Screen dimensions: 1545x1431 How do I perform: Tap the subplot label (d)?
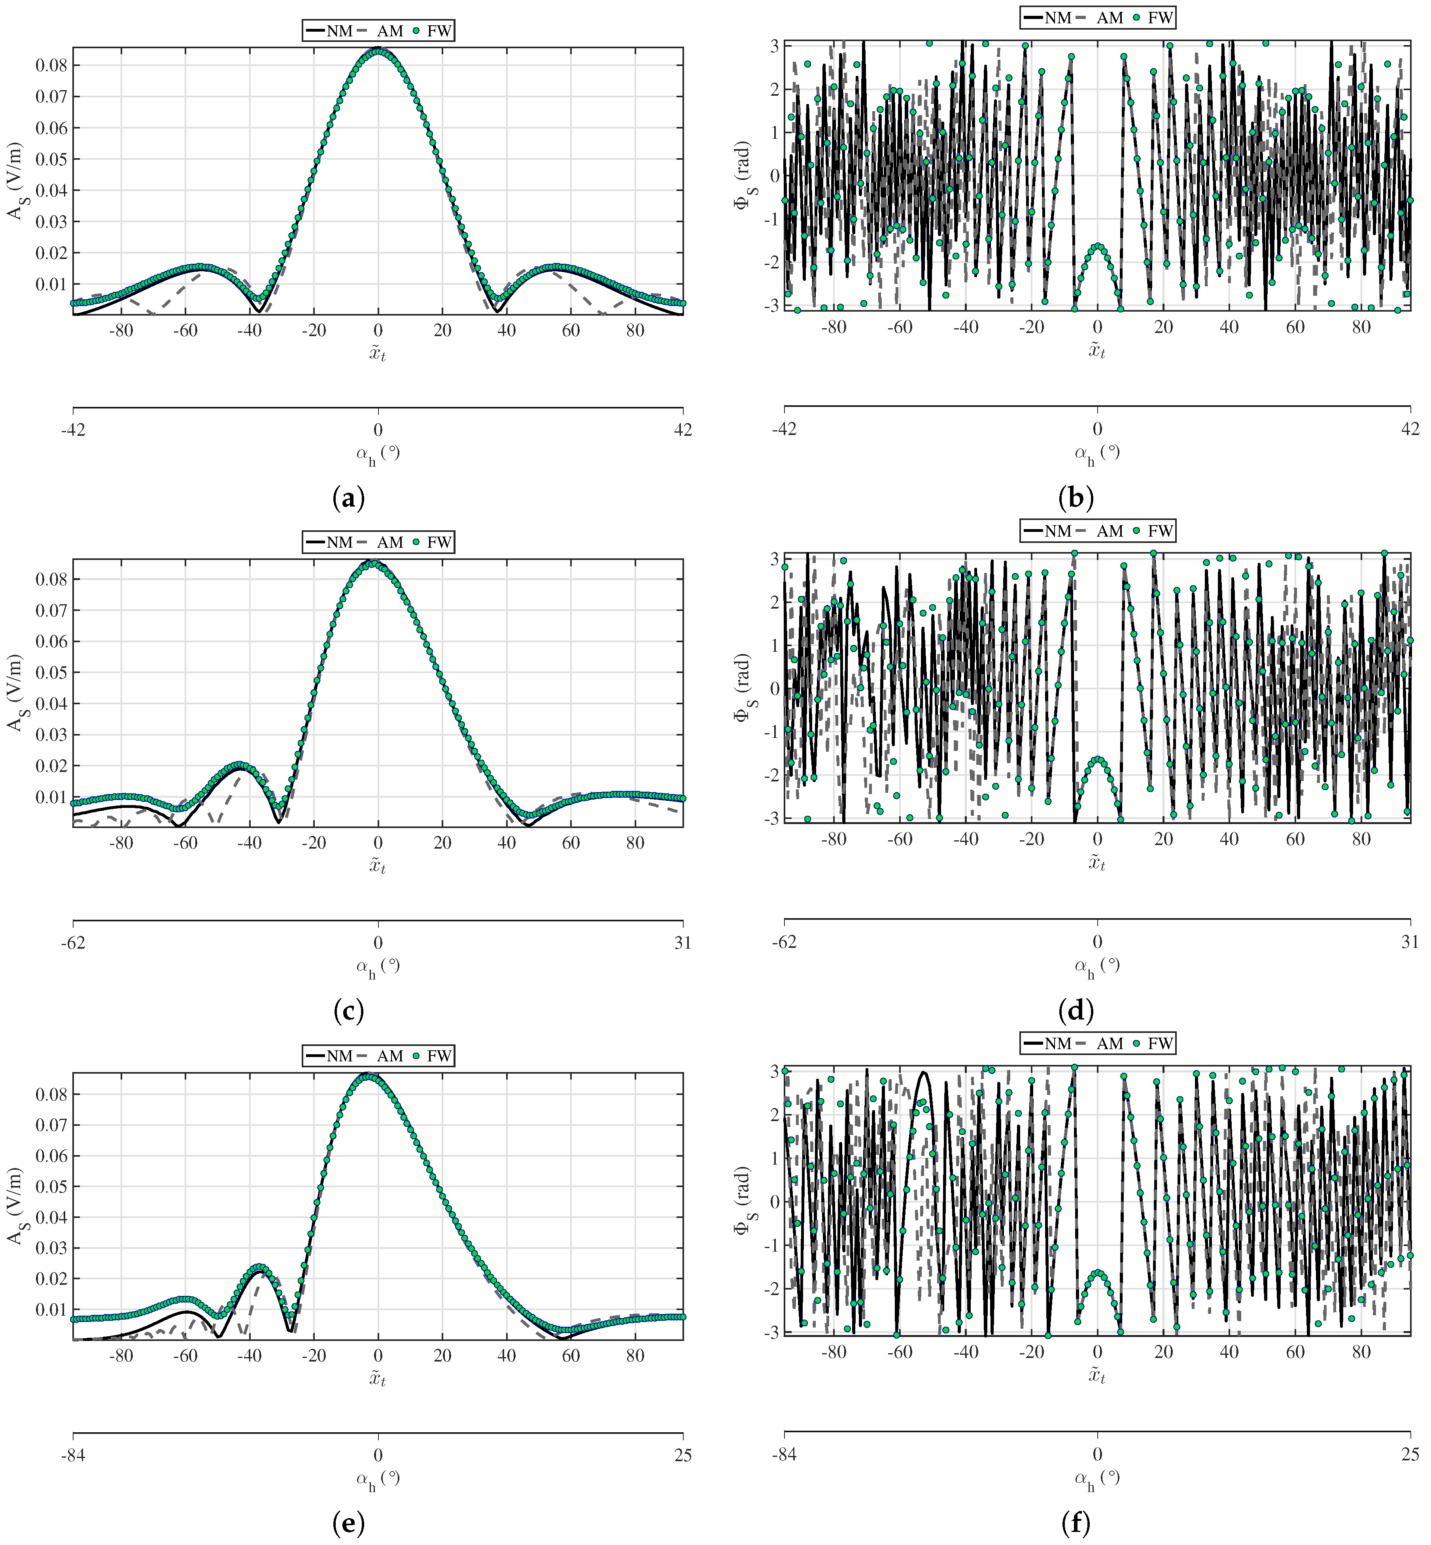1076,1011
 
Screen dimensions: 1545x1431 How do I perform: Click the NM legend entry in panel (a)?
329,31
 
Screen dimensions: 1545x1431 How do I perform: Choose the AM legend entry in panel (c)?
381,542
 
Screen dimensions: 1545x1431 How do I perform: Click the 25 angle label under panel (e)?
682,1456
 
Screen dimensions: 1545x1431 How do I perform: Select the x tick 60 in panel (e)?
571,1355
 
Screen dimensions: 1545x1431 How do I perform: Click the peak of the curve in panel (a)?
378,51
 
